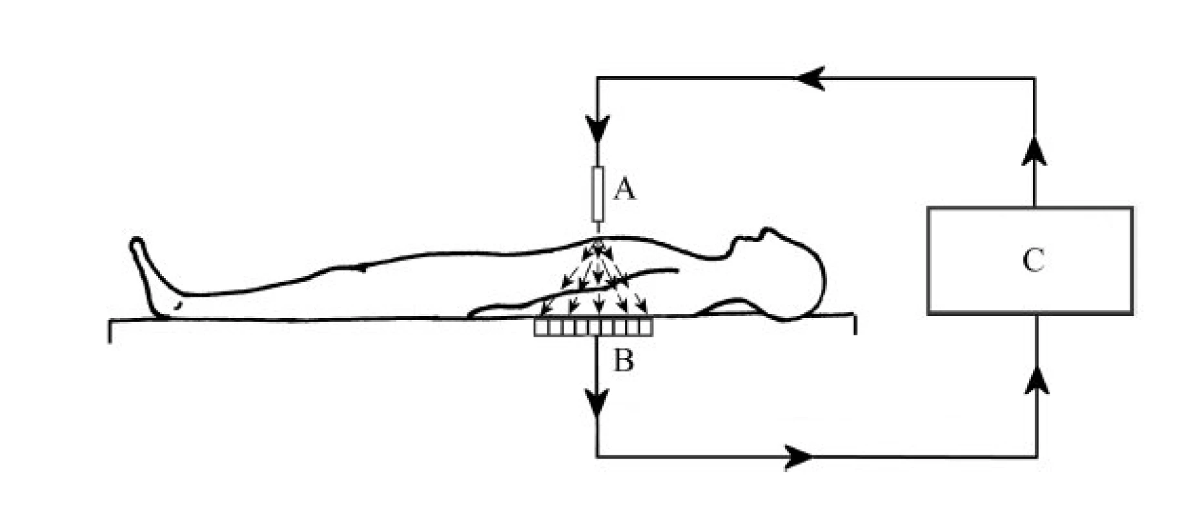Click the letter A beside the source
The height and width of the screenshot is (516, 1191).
624,190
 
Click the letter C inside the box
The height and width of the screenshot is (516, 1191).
1033,261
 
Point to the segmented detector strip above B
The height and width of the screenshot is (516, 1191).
593,328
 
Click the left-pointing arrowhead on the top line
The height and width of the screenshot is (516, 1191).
811,79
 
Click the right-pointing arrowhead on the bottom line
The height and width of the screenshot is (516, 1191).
799,457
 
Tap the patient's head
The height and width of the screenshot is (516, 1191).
784,274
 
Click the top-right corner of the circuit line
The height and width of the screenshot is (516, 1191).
1036,79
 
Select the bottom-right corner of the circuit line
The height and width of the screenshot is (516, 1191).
1037,457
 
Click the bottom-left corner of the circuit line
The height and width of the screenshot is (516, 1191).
598,457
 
